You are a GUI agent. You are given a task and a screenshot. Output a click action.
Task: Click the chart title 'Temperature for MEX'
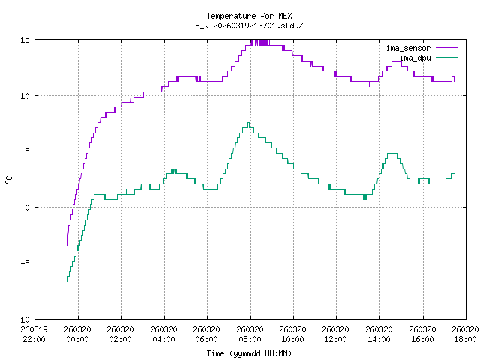coord(249,16)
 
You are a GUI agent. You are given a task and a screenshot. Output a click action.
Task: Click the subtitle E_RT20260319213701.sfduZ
coord(249,25)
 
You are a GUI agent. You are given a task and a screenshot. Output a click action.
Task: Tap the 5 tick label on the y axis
coord(27,151)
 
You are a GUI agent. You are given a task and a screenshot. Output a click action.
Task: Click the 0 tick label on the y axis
coord(27,207)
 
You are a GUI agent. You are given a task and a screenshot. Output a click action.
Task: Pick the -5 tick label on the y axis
coord(25,263)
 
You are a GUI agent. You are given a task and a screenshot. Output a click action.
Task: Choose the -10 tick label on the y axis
coord(22,319)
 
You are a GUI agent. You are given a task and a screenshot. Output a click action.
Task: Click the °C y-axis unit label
coord(9,179)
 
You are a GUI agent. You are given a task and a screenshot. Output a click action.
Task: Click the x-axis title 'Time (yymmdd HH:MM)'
coord(249,353)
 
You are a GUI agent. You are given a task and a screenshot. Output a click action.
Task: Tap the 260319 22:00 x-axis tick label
coord(34,333)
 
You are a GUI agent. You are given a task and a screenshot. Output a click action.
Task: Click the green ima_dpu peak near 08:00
coord(248,123)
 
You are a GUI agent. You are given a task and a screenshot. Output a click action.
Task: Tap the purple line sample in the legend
coord(445,48)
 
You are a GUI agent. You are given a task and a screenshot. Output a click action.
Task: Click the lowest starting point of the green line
coord(67,281)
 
